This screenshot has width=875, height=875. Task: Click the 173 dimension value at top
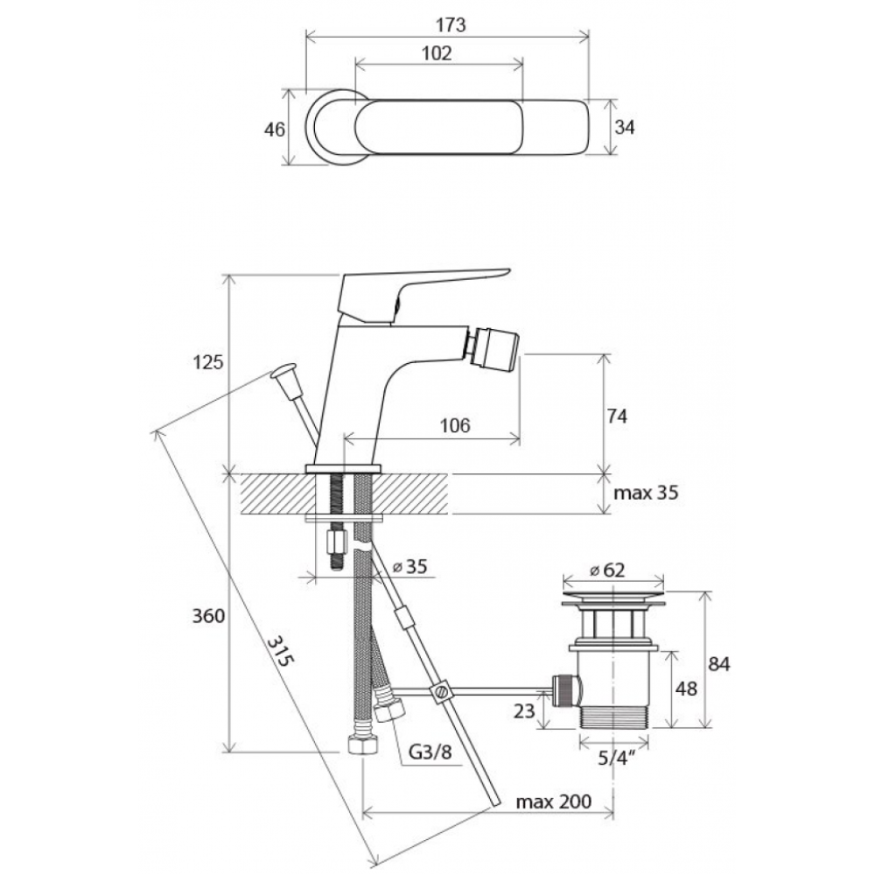(x=451, y=25)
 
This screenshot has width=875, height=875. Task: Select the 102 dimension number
(x=436, y=53)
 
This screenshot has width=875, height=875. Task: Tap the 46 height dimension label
(x=275, y=129)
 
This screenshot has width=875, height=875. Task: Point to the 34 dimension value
(x=625, y=127)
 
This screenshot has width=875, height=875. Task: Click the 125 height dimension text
(x=207, y=362)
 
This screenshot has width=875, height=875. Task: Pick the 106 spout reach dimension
(x=455, y=426)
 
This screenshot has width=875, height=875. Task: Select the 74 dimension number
(x=617, y=416)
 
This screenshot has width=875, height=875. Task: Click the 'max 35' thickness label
(x=646, y=493)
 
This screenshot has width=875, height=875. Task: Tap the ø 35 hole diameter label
(x=410, y=566)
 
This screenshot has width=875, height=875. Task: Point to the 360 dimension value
(x=209, y=616)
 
